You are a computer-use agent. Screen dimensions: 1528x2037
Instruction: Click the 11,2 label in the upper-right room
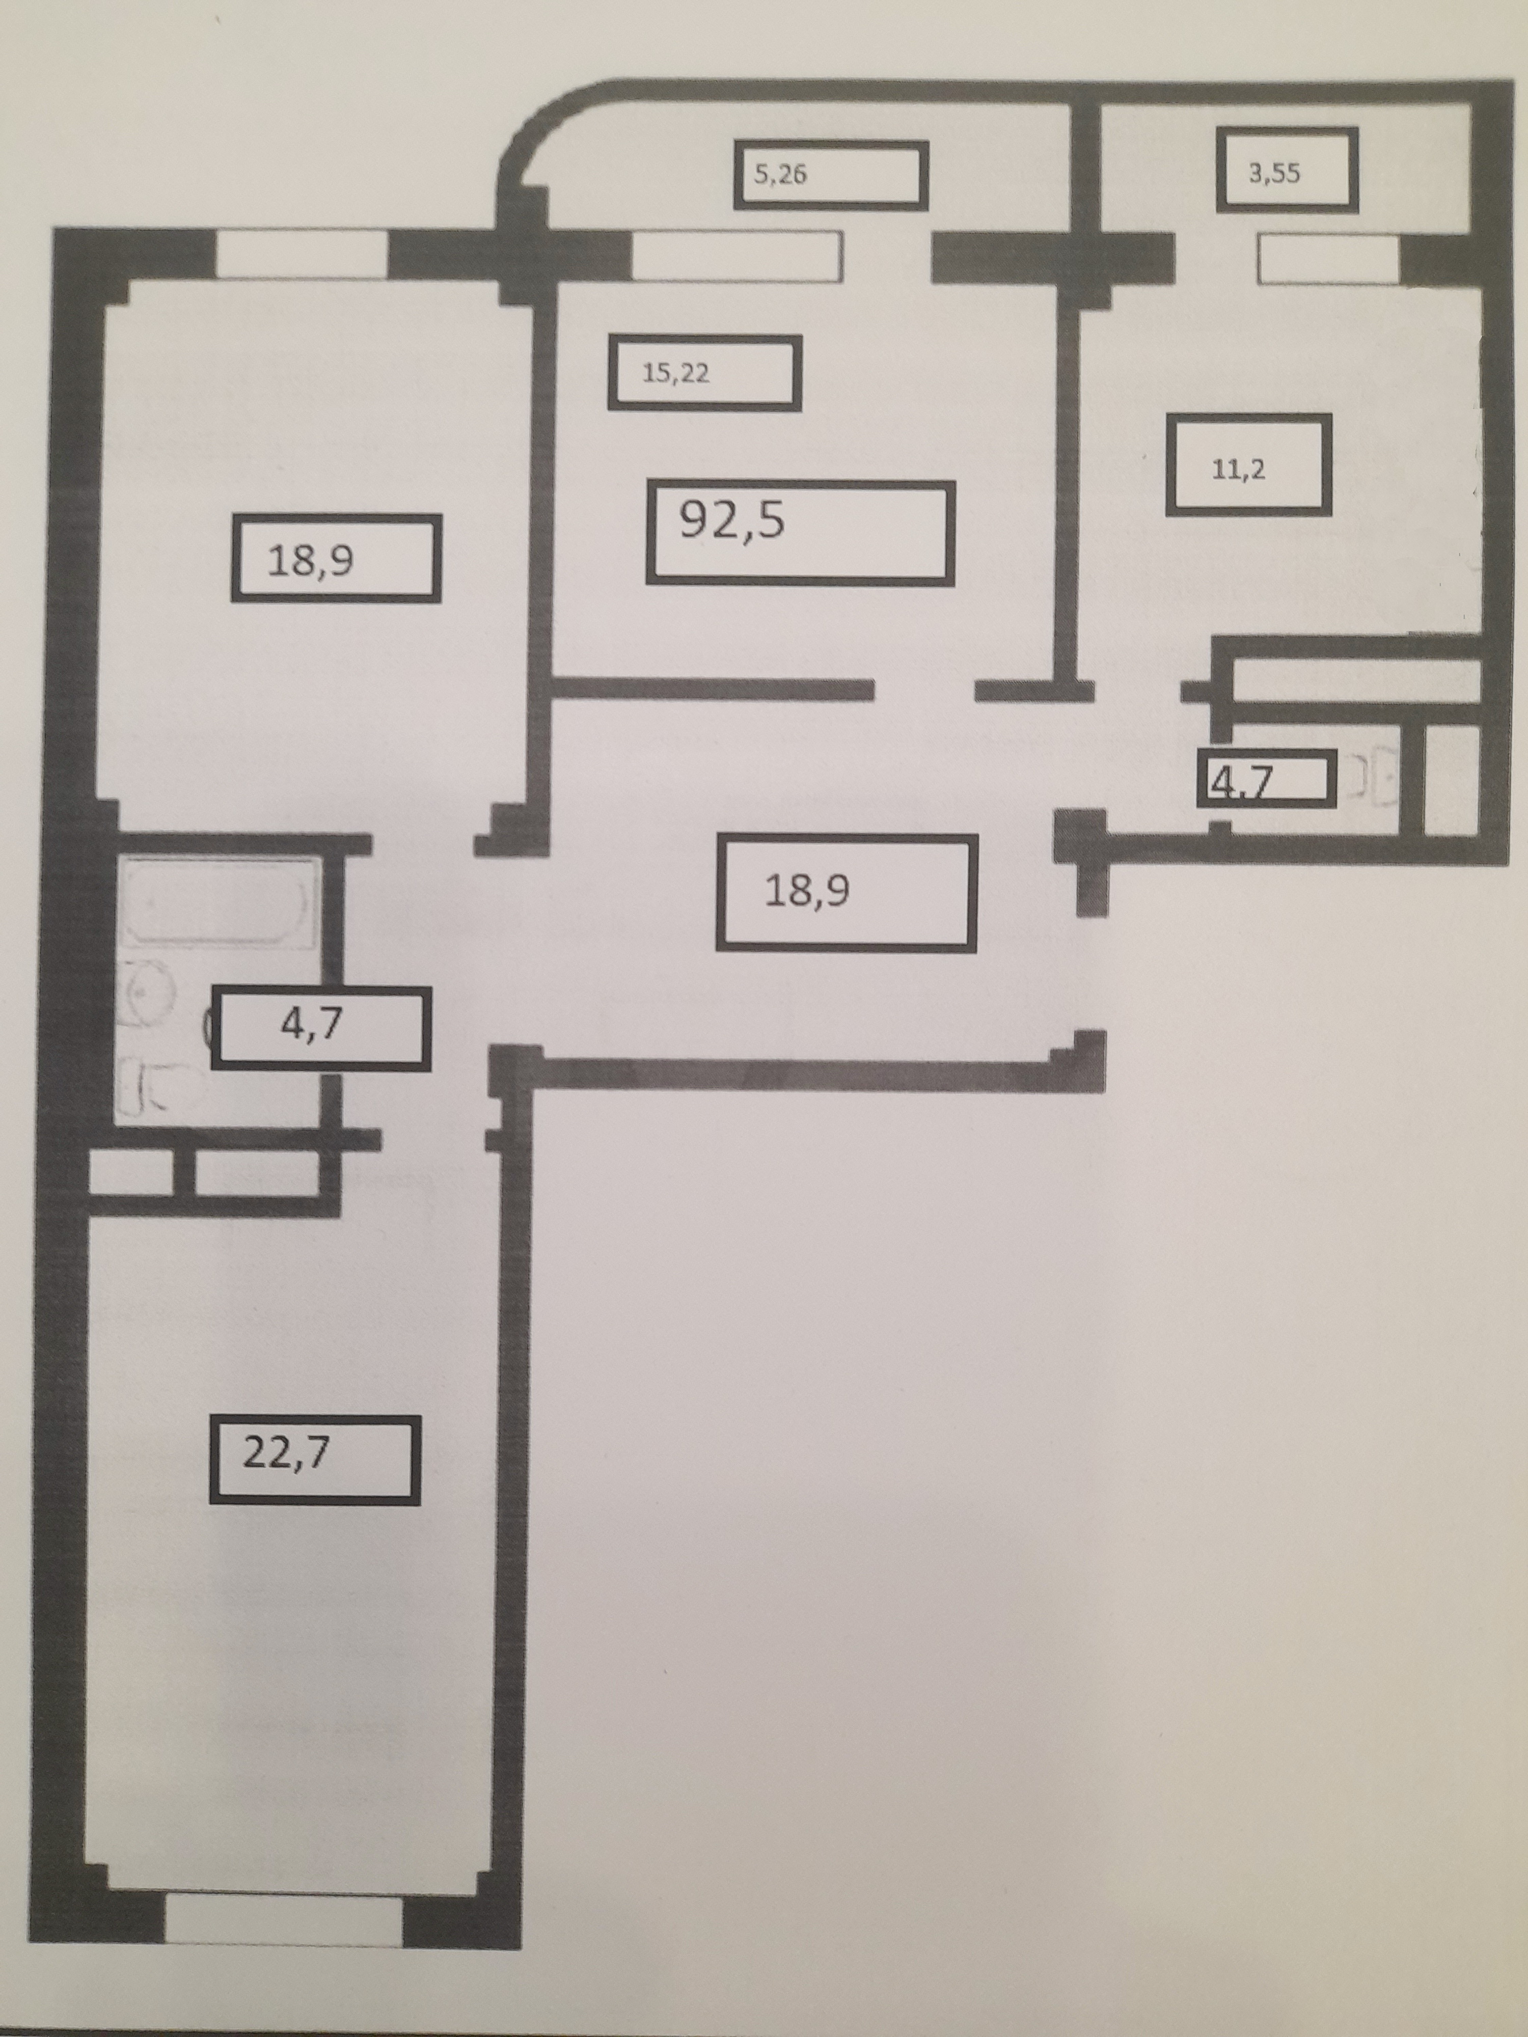tap(1239, 470)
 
